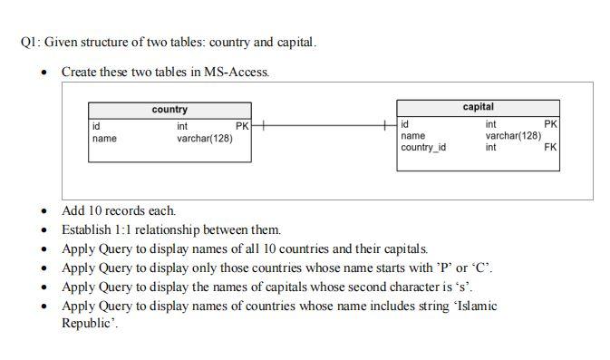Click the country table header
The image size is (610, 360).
169,110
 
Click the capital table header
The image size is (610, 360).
478,107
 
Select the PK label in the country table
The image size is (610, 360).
242,126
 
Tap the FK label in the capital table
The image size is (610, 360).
550,147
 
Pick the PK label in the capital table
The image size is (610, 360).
550,124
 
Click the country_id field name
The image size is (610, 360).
423,147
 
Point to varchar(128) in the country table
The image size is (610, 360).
204,139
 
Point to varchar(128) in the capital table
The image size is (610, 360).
513,136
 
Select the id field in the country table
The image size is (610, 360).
96,126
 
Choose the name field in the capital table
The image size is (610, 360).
412,136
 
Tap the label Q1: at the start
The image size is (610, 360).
29,42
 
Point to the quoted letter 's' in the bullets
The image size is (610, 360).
467,287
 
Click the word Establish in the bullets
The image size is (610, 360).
85,230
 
